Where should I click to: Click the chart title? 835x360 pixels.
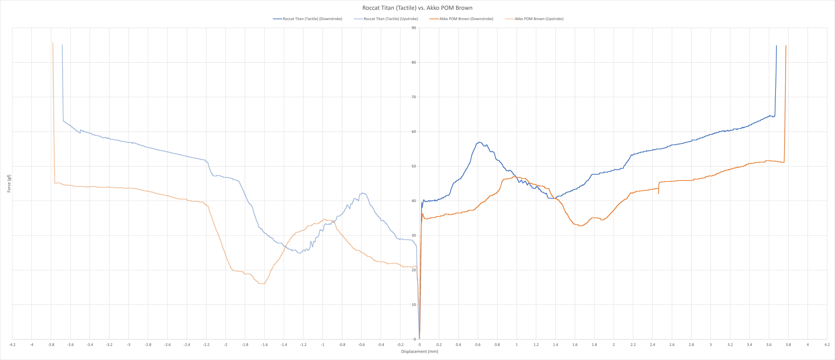click(x=417, y=8)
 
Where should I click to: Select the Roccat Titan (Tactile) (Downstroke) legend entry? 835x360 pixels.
click(x=312, y=19)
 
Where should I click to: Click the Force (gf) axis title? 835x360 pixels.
click(x=9, y=183)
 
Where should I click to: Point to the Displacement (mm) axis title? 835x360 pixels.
click(x=419, y=351)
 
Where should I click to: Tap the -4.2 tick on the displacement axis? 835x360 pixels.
click(x=12, y=345)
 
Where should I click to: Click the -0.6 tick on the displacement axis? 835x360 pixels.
click(x=361, y=345)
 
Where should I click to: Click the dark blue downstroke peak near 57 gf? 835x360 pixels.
click(x=479, y=142)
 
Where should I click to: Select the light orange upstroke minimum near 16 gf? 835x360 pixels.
click(x=262, y=284)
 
